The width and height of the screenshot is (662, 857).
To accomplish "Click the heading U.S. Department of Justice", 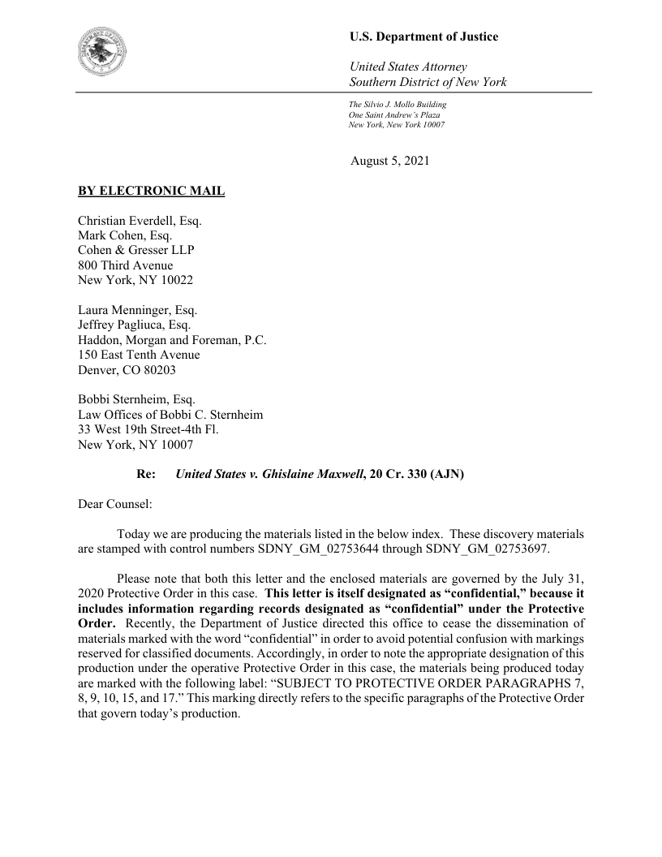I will pos(423,37).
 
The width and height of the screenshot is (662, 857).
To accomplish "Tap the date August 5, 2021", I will pos(389,161).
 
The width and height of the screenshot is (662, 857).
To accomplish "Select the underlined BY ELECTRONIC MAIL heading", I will pos(151,192).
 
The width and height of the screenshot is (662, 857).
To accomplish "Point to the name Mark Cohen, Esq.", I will pos(125,235).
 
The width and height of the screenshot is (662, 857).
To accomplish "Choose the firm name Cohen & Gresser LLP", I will pos(135,250).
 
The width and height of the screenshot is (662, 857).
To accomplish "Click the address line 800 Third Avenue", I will pos(125,265).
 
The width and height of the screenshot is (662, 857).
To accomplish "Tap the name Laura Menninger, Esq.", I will pos(138,310).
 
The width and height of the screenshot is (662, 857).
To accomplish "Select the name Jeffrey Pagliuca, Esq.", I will pos(134,325).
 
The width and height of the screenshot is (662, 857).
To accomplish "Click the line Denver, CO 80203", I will pos(126,370).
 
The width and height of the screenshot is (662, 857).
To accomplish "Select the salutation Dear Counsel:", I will pos(112,504).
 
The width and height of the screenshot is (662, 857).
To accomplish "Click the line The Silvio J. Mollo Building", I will pos(398,105).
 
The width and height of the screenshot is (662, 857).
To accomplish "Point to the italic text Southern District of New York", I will pos(428,82).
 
